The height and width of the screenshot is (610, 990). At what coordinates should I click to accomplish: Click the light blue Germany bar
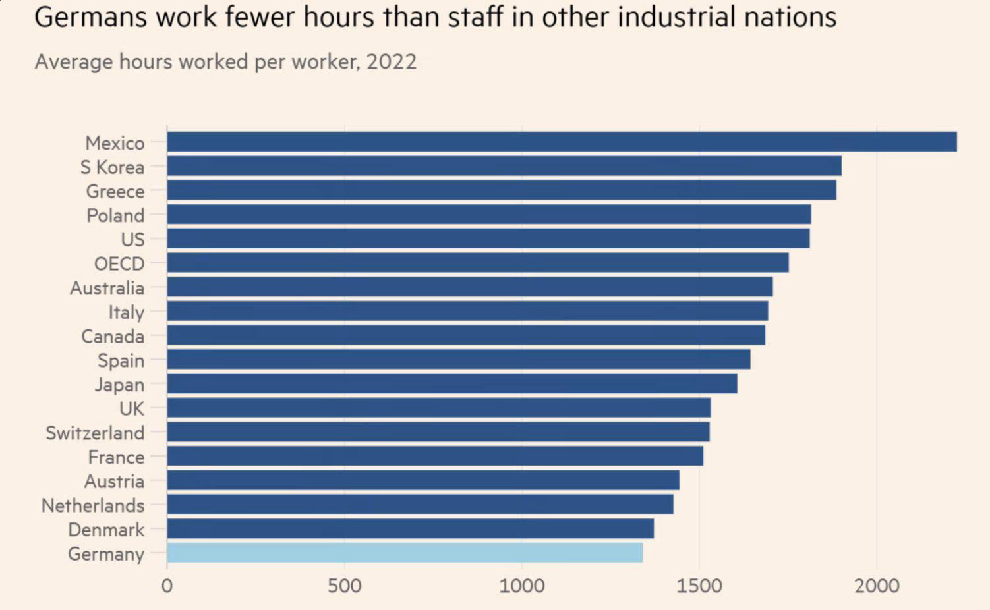point(405,553)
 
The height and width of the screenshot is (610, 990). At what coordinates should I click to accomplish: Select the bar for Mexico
point(562,142)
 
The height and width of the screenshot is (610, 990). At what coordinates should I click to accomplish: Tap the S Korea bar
point(504,166)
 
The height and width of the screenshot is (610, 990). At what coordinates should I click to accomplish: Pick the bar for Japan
point(452,383)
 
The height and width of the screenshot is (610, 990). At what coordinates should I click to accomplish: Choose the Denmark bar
point(410,528)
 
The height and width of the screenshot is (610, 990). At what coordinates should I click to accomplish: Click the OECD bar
point(478,263)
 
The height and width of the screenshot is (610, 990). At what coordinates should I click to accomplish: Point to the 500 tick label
point(344,586)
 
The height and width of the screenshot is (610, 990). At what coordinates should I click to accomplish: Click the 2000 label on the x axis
point(877,586)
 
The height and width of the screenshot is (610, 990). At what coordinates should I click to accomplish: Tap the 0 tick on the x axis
point(167,586)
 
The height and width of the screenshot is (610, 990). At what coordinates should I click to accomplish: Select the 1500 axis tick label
point(699,586)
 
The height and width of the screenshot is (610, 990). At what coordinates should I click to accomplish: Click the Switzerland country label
point(95,433)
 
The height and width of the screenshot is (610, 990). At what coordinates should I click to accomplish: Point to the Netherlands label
point(93,505)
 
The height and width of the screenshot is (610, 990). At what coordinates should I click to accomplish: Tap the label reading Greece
point(115,191)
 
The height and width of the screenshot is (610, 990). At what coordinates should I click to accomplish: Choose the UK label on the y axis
point(132,408)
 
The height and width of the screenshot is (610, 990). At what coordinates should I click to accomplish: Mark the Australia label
point(107,288)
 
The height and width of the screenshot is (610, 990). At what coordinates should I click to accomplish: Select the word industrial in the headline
point(676,17)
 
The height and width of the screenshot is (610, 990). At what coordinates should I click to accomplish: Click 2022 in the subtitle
point(392,62)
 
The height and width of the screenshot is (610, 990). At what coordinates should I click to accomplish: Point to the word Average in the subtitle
point(73,62)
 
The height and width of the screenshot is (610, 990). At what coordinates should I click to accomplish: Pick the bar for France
point(435,456)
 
